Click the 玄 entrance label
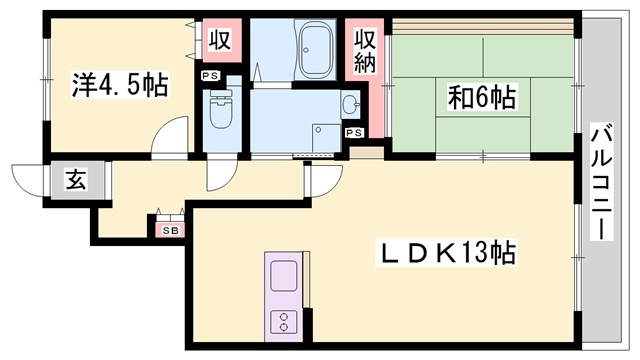coord(76,180)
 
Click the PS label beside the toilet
coord(211,75)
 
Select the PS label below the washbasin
coord(354,132)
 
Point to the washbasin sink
coord(349,103)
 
